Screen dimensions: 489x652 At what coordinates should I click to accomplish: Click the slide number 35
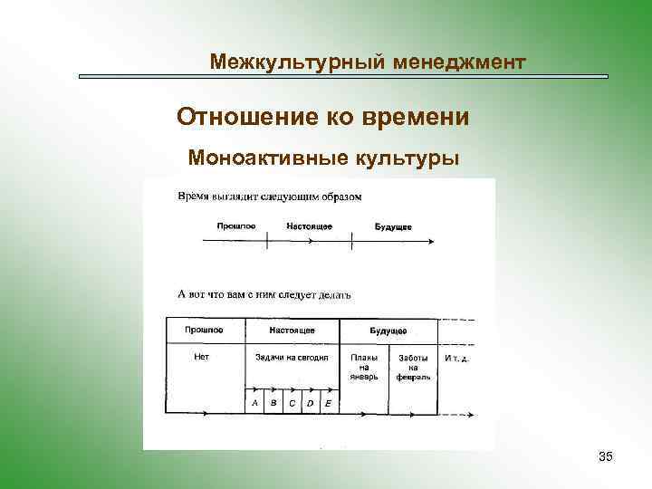point(606,456)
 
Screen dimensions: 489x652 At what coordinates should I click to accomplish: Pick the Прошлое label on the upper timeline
point(237,225)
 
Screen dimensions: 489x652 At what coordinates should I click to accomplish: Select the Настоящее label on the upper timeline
point(309,225)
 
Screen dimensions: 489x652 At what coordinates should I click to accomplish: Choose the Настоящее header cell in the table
point(292,331)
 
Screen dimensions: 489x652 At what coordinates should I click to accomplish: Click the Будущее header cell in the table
point(388,331)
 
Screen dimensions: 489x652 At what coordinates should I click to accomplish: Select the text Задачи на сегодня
point(292,358)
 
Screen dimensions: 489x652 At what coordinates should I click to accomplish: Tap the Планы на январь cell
point(364,367)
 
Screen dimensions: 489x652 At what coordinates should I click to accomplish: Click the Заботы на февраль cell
point(413,367)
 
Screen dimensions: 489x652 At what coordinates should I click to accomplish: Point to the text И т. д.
point(457,359)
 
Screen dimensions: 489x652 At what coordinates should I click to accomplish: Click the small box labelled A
point(254,402)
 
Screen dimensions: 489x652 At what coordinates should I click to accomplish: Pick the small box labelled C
point(291,402)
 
